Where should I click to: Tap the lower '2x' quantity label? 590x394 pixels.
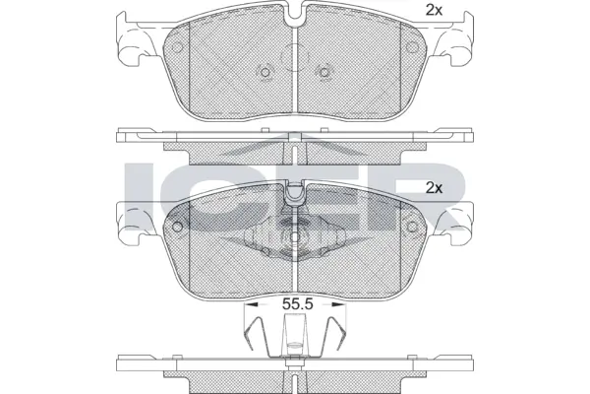[433, 186]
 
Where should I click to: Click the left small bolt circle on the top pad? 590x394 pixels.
[264, 71]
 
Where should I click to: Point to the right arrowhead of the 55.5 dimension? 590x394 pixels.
[341, 304]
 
